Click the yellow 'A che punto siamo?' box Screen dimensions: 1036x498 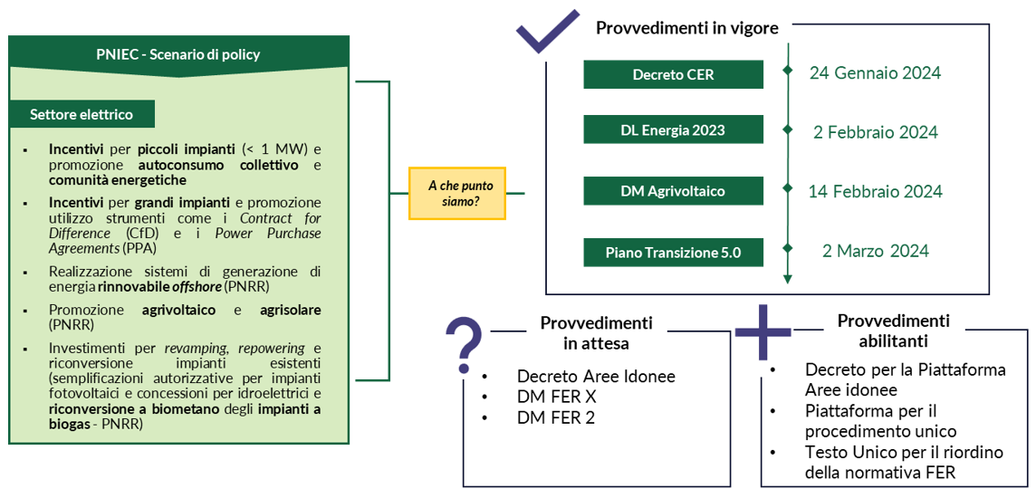pyautogui.click(x=458, y=193)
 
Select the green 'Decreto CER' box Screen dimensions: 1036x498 pyautogui.click(x=673, y=74)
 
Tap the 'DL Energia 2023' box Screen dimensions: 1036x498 pyautogui.click(x=673, y=129)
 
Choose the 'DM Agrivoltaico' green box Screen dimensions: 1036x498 pyautogui.click(x=673, y=191)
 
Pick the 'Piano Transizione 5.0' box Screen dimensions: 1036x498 pyautogui.click(x=673, y=253)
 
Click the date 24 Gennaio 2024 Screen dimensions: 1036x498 pyautogui.click(x=876, y=72)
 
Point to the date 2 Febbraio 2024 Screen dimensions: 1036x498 pyautogui.click(x=876, y=132)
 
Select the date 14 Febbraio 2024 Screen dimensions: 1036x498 pyautogui.click(x=876, y=192)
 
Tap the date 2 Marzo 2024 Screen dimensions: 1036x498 pyautogui.click(x=876, y=251)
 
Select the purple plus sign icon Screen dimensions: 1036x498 pyautogui.click(x=763, y=332)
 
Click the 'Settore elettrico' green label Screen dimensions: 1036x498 pyautogui.click(x=82, y=114)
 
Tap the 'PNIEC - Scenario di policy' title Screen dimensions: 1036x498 pyautogui.click(x=177, y=54)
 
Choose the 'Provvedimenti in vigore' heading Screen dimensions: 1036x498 pyautogui.click(x=687, y=28)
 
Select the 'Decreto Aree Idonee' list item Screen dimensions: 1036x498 pyautogui.click(x=597, y=378)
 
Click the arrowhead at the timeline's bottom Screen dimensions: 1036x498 pyautogui.click(x=787, y=279)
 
